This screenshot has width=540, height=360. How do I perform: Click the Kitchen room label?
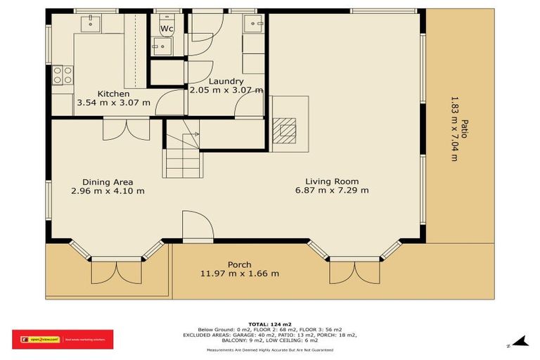click(113, 94)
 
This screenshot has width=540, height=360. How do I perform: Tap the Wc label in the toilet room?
click(167, 29)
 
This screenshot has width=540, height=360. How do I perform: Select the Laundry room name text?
click(226, 82)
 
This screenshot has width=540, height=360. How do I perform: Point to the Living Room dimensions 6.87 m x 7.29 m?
click(333, 190)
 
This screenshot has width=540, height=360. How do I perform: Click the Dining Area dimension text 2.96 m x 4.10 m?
click(108, 191)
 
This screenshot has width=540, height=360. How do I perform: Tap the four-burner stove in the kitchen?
click(63, 75)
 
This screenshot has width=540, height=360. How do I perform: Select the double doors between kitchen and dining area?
click(126, 130)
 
